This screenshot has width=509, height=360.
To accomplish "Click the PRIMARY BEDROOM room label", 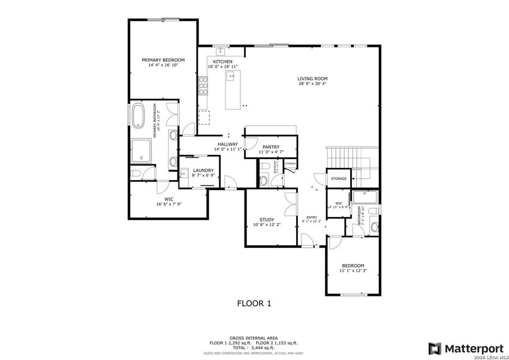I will point(162,60).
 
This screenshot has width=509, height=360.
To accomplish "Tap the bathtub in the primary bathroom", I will point(138,116).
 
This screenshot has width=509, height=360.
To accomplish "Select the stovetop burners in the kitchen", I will point(203,88).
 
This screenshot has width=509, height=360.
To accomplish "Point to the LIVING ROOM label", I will point(312,79).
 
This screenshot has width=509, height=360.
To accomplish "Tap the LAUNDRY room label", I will point(203,170).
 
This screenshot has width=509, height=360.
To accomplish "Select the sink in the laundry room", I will point(184,174).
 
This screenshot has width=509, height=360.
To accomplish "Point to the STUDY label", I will point(267,220).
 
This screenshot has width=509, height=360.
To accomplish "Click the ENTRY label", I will point(312,217).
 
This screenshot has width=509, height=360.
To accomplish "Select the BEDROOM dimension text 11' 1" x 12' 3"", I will point(353,271).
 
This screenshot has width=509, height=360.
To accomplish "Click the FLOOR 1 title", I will point(254,304).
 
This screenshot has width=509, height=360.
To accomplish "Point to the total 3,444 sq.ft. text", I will point(254,347).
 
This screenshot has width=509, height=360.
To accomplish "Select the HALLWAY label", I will point(228,145).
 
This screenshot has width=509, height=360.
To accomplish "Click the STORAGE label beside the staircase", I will point(339,179).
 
